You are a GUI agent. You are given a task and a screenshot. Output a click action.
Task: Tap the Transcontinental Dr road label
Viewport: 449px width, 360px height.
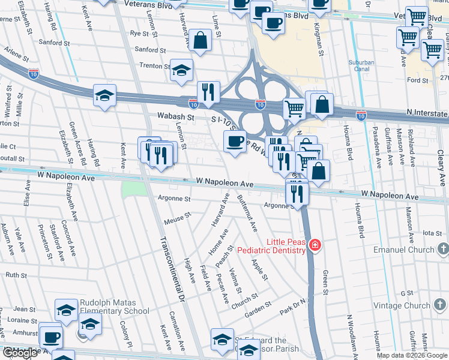(x=171, y=269)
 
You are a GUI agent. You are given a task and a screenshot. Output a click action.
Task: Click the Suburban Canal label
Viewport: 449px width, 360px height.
(x=361, y=66)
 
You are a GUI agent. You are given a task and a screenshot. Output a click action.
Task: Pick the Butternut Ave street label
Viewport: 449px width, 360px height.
(x=248, y=214)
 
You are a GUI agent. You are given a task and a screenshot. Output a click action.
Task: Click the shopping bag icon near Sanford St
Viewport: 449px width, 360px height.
(x=200, y=41)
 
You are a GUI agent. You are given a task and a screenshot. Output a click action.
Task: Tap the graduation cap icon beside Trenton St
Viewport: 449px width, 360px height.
(x=181, y=71)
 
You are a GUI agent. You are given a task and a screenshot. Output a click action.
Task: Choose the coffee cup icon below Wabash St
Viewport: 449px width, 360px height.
(x=235, y=142)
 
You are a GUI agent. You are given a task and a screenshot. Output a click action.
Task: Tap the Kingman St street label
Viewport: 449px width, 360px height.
(x=319, y=41)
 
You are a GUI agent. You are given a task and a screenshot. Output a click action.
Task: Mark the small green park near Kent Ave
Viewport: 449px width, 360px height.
(x=133, y=188)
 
